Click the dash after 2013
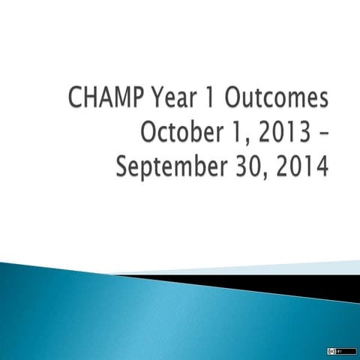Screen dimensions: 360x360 pyautogui.click(x=321, y=135)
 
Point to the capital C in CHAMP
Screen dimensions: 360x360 pyautogui.click(x=95, y=100)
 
